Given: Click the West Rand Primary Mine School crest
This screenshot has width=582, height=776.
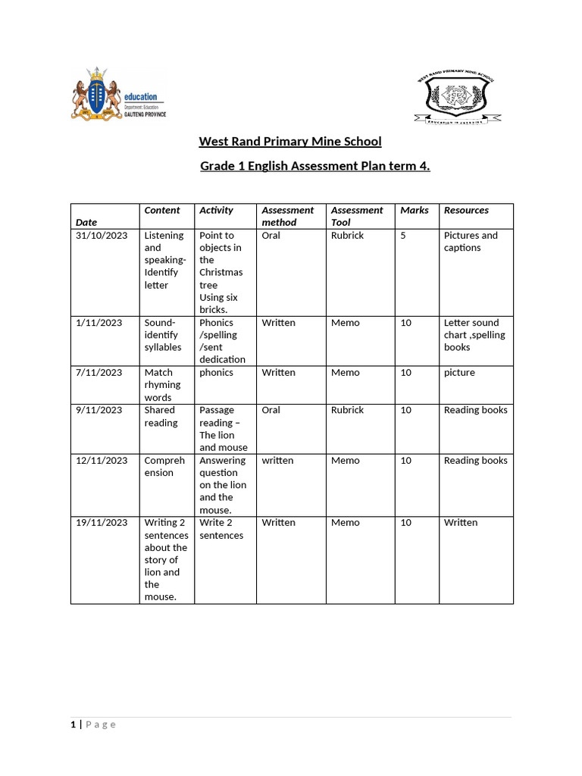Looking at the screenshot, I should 457,98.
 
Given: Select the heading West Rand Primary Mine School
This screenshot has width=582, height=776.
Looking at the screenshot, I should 289,142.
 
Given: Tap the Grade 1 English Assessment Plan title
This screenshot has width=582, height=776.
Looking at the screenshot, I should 314,166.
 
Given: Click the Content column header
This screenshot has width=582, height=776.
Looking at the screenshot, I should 162,210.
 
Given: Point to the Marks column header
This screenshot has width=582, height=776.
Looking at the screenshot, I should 414,210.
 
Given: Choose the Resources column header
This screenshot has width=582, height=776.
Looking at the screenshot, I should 466,210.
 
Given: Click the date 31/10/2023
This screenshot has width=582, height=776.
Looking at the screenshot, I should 102,236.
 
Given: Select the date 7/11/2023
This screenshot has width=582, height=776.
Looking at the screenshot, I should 99,372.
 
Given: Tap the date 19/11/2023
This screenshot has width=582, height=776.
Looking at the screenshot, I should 102,522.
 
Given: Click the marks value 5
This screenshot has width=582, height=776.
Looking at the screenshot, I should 403,236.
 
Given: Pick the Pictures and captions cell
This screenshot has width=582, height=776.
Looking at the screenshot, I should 471,242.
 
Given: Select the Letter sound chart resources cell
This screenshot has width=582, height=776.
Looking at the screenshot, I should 474,334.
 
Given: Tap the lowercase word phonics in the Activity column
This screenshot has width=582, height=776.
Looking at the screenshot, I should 216,372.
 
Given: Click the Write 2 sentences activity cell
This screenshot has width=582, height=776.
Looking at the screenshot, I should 221,528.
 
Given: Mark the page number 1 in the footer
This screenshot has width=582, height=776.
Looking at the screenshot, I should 74,724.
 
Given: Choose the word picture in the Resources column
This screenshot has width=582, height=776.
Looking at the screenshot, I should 459,372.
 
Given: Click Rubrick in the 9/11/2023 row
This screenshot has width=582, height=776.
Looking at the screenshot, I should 347,410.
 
